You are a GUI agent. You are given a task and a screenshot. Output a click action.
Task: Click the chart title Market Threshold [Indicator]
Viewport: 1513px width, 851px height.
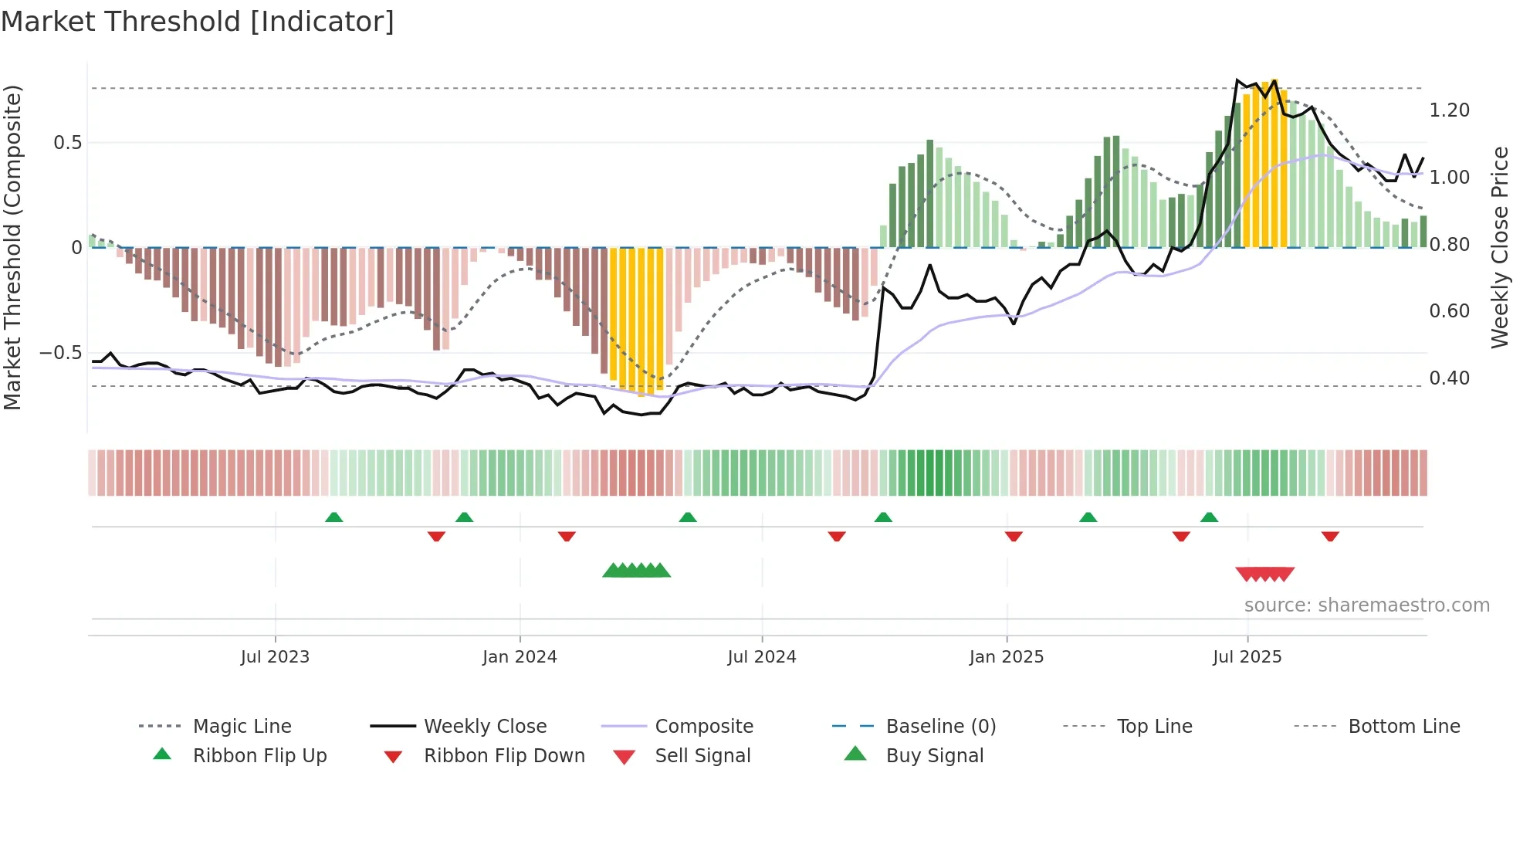pos(198,22)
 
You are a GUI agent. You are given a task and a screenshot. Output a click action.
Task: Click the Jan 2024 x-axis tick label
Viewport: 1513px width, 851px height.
pos(520,657)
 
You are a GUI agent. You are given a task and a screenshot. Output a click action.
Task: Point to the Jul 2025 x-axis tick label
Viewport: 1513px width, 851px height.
pos(1247,657)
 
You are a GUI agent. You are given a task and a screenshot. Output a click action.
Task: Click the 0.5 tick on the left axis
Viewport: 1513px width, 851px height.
pos(68,143)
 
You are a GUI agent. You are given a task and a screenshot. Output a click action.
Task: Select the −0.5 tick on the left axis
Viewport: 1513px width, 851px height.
pos(61,353)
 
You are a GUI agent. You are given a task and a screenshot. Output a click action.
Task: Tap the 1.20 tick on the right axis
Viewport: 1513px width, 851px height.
pos(1449,110)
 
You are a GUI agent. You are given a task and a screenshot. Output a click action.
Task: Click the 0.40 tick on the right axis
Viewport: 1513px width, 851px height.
pos(1449,378)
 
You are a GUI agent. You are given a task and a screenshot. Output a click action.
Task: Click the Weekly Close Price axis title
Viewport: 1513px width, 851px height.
pos(1499,247)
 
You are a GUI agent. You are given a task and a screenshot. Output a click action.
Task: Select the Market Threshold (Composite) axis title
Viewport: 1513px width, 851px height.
pos(13,247)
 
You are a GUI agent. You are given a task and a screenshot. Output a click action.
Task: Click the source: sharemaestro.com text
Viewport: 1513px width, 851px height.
pos(1366,605)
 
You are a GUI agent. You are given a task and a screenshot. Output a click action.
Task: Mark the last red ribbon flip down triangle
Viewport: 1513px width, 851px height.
pos(1329,536)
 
